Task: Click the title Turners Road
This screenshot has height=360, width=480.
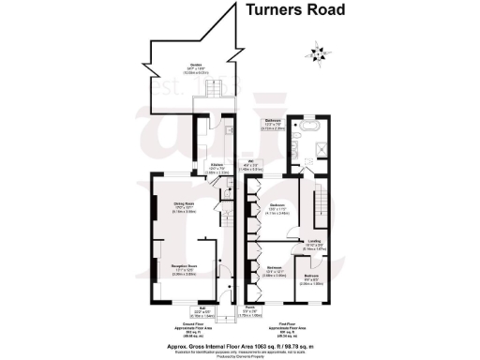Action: coord(295,11)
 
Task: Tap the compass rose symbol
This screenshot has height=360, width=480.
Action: coord(322,52)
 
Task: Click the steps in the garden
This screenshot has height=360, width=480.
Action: coord(213,97)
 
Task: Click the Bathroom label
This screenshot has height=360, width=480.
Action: coord(273,124)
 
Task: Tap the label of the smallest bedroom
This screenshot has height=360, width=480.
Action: coord(310,280)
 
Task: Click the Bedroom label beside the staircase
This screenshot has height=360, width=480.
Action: coord(278,208)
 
